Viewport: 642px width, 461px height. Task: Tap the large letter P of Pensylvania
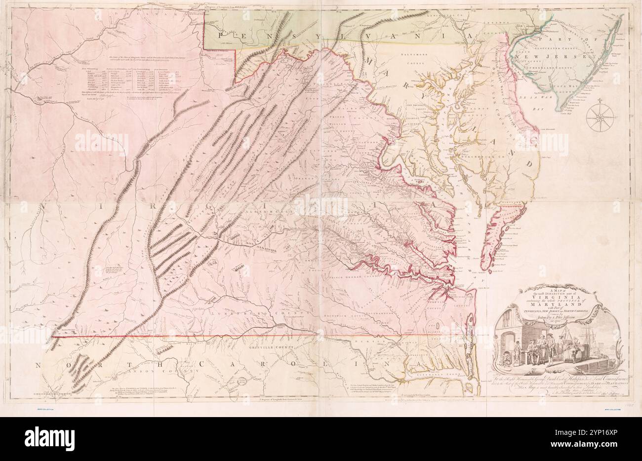223,35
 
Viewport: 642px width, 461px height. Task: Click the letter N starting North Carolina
38,365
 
